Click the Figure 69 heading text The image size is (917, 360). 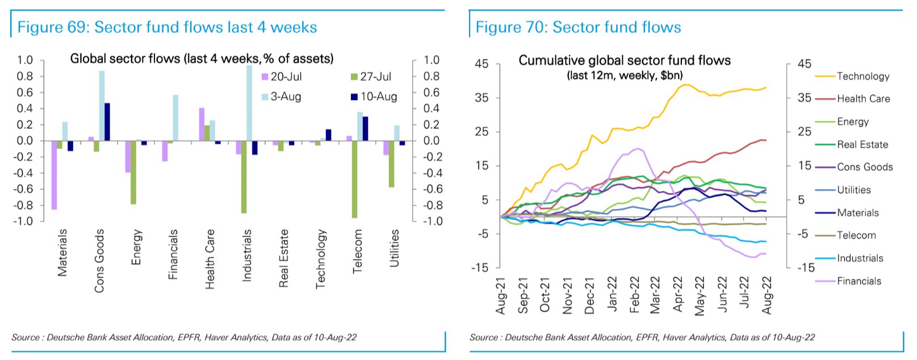(167, 27)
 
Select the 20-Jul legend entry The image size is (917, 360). (282, 77)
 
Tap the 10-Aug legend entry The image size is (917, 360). (374, 97)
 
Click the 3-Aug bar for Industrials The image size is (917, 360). (249, 103)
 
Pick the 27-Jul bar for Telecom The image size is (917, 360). (355, 179)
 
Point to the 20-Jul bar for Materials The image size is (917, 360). (54, 175)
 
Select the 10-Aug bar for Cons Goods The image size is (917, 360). (107, 122)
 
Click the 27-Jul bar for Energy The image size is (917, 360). (133, 172)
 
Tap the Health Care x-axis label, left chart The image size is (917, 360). (210, 259)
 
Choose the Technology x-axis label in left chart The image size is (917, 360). (321, 259)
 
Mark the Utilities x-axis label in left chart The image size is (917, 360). (395, 248)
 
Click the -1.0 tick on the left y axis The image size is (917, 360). (24, 221)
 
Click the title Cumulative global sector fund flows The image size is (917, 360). (625, 60)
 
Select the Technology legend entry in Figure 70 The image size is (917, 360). (852, 76)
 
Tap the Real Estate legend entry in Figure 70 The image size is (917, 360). (851, 144)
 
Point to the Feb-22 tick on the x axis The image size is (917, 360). (634, 295)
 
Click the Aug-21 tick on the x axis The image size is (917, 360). (500, 296)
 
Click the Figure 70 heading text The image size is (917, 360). (578, 27)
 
